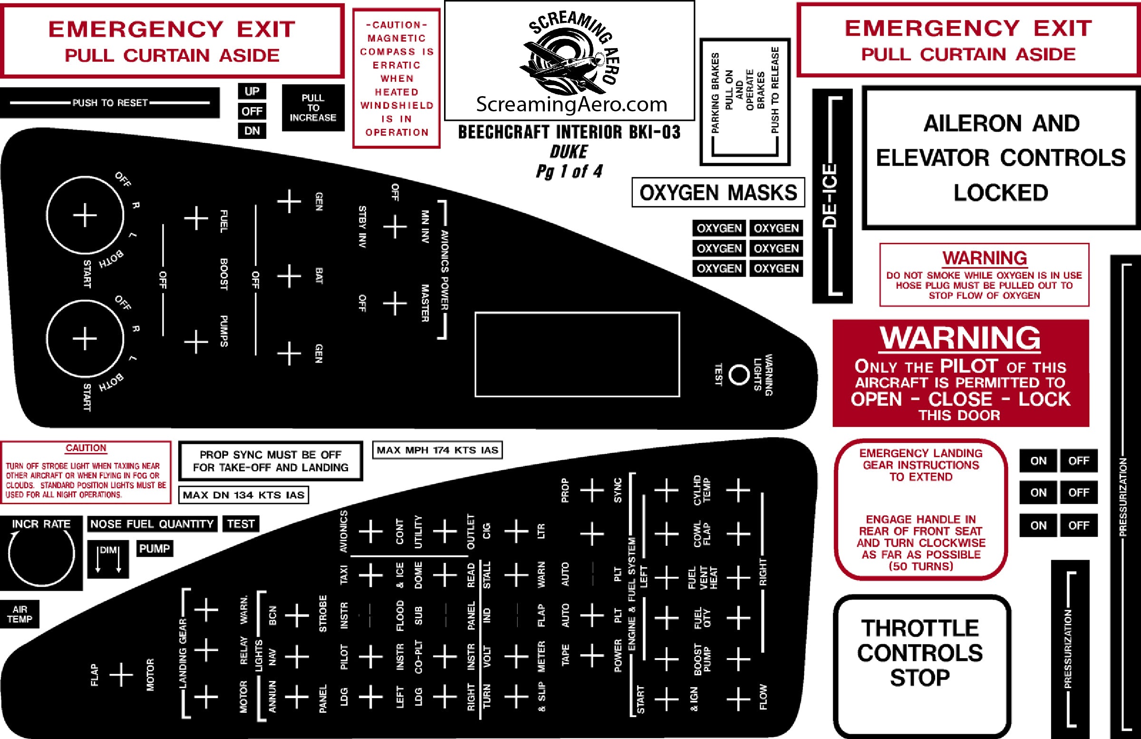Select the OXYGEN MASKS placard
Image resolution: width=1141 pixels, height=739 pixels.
point(718,193)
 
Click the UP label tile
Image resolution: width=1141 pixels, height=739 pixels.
point(251,91)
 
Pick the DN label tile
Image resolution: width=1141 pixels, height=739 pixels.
point(251,130)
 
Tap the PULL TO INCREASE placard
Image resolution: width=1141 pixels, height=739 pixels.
point(312,108)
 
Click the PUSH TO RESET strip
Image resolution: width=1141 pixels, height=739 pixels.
point(110,103)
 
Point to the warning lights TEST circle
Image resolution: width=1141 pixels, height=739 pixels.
point(738,374)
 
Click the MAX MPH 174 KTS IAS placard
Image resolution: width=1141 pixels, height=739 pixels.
point(437,450)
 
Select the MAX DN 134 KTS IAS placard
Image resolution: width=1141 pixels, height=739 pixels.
point(243,495)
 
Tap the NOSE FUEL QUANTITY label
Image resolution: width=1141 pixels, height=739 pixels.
point(152,523)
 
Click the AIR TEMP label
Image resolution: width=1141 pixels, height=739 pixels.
point(19,614)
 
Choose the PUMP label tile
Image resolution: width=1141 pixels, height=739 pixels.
point(155,549)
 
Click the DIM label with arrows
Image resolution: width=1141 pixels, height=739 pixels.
point(108,559)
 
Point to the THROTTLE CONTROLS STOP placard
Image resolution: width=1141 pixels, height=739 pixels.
point(920,652)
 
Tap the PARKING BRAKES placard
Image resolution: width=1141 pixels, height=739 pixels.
point(745,102)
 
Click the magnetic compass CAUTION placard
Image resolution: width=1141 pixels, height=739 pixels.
point(396,78)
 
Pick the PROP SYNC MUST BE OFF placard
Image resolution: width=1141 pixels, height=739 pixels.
point(271,461)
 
